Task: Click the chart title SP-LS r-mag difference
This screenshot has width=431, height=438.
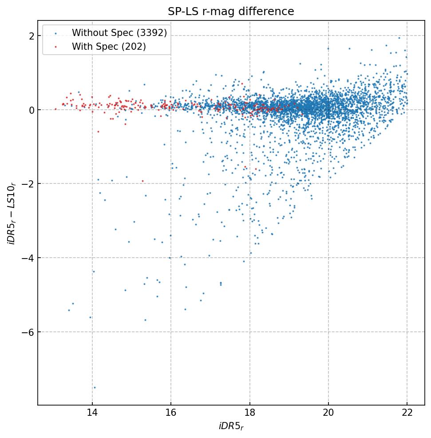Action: click(231, 12)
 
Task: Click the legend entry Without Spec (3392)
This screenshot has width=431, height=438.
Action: click(119, 33)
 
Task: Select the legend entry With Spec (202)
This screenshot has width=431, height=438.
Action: click(109, 46)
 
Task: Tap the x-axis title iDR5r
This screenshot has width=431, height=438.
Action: click(231, 427)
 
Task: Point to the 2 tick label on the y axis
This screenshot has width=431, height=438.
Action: click(32, 36)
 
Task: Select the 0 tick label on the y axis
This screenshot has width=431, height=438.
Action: click(32, 110)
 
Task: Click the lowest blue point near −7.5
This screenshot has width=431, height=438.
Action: click(95, 387)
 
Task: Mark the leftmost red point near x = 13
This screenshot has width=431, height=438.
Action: click(55, 109)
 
